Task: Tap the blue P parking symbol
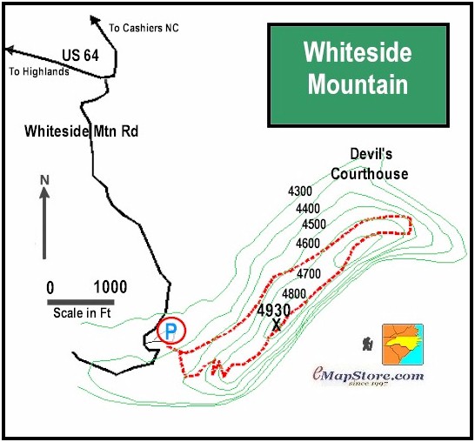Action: (x=171, y=330)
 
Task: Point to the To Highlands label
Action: (x=37, y=72)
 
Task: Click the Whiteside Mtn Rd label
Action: (x=82, y=131)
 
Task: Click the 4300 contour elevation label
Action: (x=299, y=191)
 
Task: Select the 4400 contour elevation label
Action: (x=308, y=209)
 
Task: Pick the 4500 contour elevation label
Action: (x=313, y=224)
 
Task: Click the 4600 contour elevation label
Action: (x=308, y=244)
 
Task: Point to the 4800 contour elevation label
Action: (x=294, y=294)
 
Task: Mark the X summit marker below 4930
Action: (x=277, y=325)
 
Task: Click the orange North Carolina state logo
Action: (x=402, y=343)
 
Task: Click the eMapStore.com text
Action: (x=368, y=375)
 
